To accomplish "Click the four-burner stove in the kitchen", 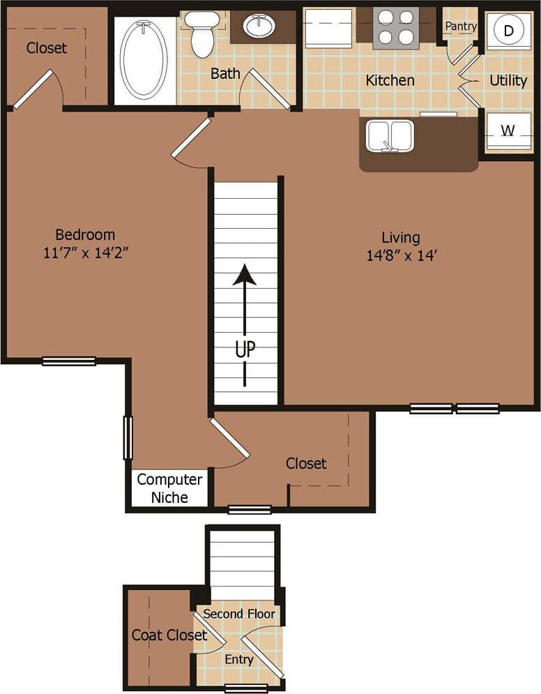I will [x=395, y=28].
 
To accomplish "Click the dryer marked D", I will [x=508, y=30].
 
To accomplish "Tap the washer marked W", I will [x=508, y=130].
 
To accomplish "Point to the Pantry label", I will [x=460, y=27].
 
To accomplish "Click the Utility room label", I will [x=508, y=80].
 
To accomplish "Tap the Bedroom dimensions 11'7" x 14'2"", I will [x=86, y=252].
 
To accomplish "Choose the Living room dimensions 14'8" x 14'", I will [x=401, y=255].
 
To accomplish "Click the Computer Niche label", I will [x=170, y=488].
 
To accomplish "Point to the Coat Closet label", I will [x=169, y=635].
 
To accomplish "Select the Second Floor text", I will [x=240, y=614].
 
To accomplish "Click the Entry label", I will [x=239, y=659].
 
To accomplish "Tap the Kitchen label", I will [x=390, y=80].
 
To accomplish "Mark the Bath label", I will [x=225, y=73].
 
